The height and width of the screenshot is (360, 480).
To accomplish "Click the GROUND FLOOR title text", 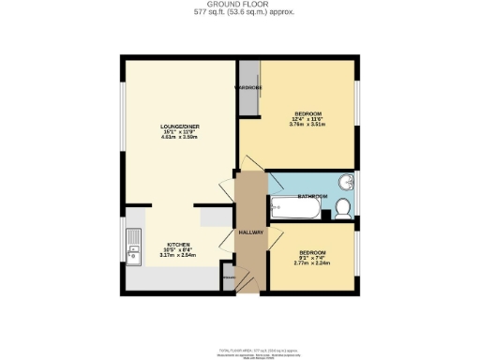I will pyautogui.click(x=239, y=6).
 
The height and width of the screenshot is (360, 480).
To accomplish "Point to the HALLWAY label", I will pyautogui.click(x=250, y=232).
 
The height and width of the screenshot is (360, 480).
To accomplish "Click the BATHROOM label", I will pyautogui.click(x=312, y=197).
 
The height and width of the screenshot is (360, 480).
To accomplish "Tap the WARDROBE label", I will pyautogui.click(x=248, y=87).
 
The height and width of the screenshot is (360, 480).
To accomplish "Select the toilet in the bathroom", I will pyautogui.click(x=342, y=208).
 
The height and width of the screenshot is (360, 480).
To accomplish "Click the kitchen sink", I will pyautogui.click(x=135, y=247).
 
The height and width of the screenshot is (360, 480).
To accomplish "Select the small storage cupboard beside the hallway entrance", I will pyautogui.click(x=228, y=279).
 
